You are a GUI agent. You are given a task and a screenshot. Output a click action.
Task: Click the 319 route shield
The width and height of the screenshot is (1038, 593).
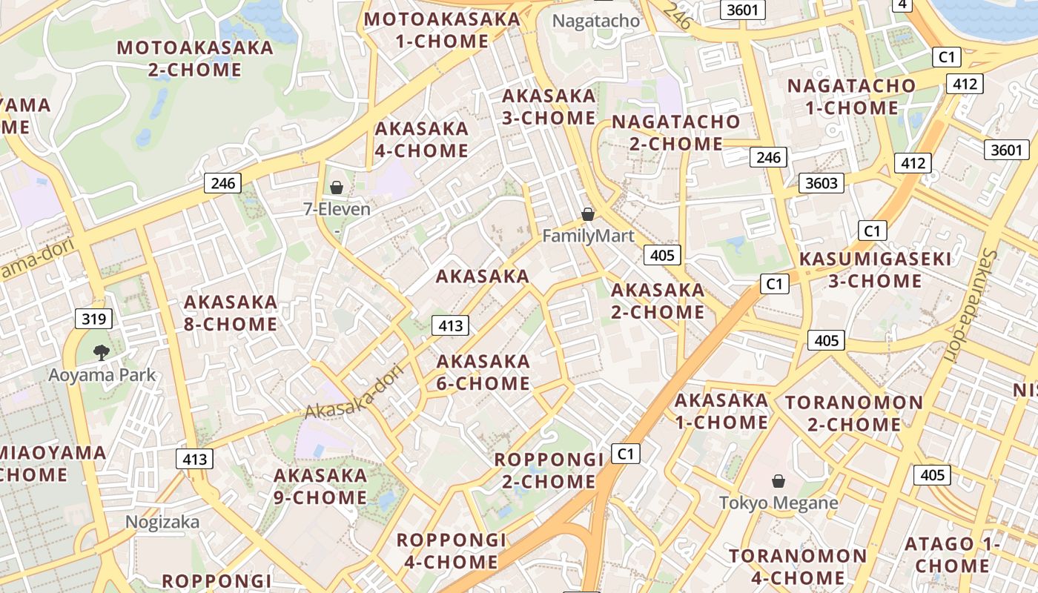click(x=93, y=319)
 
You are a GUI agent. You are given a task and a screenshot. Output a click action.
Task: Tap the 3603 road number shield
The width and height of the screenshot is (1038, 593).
click(x=821, y=183)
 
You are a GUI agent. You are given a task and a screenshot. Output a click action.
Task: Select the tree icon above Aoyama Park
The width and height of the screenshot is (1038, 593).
click(x=102, y=353)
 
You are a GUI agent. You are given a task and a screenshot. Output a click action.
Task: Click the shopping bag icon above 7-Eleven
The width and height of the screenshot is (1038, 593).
click(x=337, y=188)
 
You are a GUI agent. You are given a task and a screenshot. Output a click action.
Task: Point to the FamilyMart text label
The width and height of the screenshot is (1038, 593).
click(x=589, y=236)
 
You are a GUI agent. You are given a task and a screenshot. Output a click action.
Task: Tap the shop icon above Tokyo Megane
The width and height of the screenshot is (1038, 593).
click(x=778, y=481)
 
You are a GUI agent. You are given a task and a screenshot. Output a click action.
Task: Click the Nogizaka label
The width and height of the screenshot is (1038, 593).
click(x=162, y=522)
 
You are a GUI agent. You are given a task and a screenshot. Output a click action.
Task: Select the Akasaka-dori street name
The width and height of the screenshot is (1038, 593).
click(x=354, y=391)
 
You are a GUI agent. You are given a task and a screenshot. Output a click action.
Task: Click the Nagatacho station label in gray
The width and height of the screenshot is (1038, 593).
click(x=596, y=21)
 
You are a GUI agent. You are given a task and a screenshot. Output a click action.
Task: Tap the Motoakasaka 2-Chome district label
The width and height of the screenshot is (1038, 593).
click(x=195, y=59)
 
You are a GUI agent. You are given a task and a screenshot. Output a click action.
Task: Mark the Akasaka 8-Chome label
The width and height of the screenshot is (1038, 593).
click(x=231, y=313)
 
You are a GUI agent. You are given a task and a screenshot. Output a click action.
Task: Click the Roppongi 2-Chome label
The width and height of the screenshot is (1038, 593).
click(x=549, y=470)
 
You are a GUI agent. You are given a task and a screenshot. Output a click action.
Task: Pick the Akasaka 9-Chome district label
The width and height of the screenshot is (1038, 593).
click(x=320, y=486)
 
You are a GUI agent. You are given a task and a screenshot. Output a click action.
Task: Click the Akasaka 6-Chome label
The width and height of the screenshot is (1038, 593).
click(x=483, y=372)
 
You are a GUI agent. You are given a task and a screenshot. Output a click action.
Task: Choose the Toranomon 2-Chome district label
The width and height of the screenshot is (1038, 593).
click(x=854, y=414)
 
